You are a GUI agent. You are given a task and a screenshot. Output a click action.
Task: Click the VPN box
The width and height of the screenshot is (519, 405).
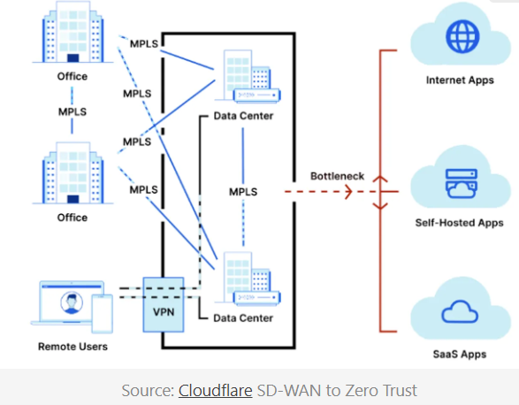[x=164, y=305]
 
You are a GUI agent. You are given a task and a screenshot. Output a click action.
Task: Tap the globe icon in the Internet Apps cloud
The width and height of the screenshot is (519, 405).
[x=462, y=36]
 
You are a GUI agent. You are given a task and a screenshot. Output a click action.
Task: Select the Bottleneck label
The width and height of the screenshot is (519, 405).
[x=337, y=176]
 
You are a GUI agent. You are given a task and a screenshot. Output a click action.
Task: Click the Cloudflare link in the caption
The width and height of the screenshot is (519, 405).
[x=215, y=390]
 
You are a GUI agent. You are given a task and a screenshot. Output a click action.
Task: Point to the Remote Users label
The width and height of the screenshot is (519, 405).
[x=73, y=347]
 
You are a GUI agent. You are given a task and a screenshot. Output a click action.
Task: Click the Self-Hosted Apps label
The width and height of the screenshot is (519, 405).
[x=460, y=223]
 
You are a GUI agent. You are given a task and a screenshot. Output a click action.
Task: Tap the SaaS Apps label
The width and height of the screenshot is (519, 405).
[x=460, y=355]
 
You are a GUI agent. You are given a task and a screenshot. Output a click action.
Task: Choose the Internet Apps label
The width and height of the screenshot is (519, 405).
[x=460, y=80]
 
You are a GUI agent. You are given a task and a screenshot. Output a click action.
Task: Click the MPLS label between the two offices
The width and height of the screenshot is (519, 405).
[x=73, y=111]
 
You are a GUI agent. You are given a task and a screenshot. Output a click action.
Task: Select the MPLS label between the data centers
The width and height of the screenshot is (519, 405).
[x=243, y=192]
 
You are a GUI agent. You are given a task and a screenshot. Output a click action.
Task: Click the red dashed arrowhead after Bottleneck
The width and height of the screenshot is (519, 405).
[x=347, y=192]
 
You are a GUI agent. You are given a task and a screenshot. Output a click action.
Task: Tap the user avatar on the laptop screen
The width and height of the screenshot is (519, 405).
[x=72, y=302]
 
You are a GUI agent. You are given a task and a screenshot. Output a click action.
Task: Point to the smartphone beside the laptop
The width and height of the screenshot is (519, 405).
[x=103, y=313]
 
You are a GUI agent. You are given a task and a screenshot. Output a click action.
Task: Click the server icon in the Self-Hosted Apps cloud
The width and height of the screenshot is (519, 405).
[x=462, y=183]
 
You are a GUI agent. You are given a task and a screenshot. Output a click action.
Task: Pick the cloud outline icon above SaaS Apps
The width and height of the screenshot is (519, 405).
[x=460, y=311]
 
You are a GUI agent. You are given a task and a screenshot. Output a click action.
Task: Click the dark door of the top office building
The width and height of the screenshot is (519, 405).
[x=73, y=58]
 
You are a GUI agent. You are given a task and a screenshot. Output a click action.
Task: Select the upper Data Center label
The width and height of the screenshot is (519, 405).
[x=243, y=116]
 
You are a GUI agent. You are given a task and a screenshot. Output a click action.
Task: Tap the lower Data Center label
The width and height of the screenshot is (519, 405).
[x=243, y=318]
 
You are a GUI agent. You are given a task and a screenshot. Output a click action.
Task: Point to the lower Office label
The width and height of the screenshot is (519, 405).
[x=73, y=218]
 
